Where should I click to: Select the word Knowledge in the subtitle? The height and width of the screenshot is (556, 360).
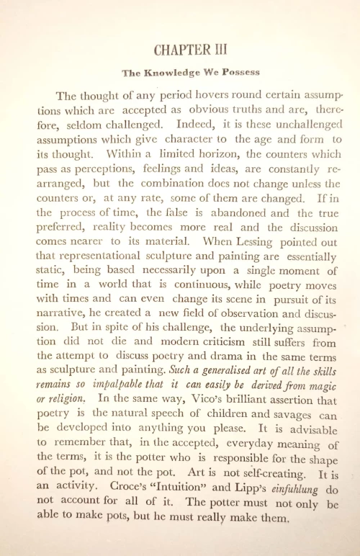(x=170, y=73)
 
